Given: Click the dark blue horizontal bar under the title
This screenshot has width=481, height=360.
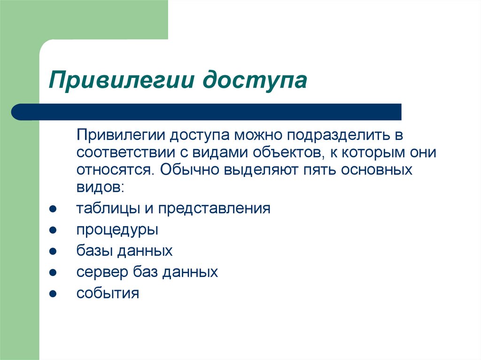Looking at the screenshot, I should coord(207,112).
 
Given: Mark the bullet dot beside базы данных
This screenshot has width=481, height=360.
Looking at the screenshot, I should coord(53,252).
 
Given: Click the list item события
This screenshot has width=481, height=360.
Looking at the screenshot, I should coord(108,294).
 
